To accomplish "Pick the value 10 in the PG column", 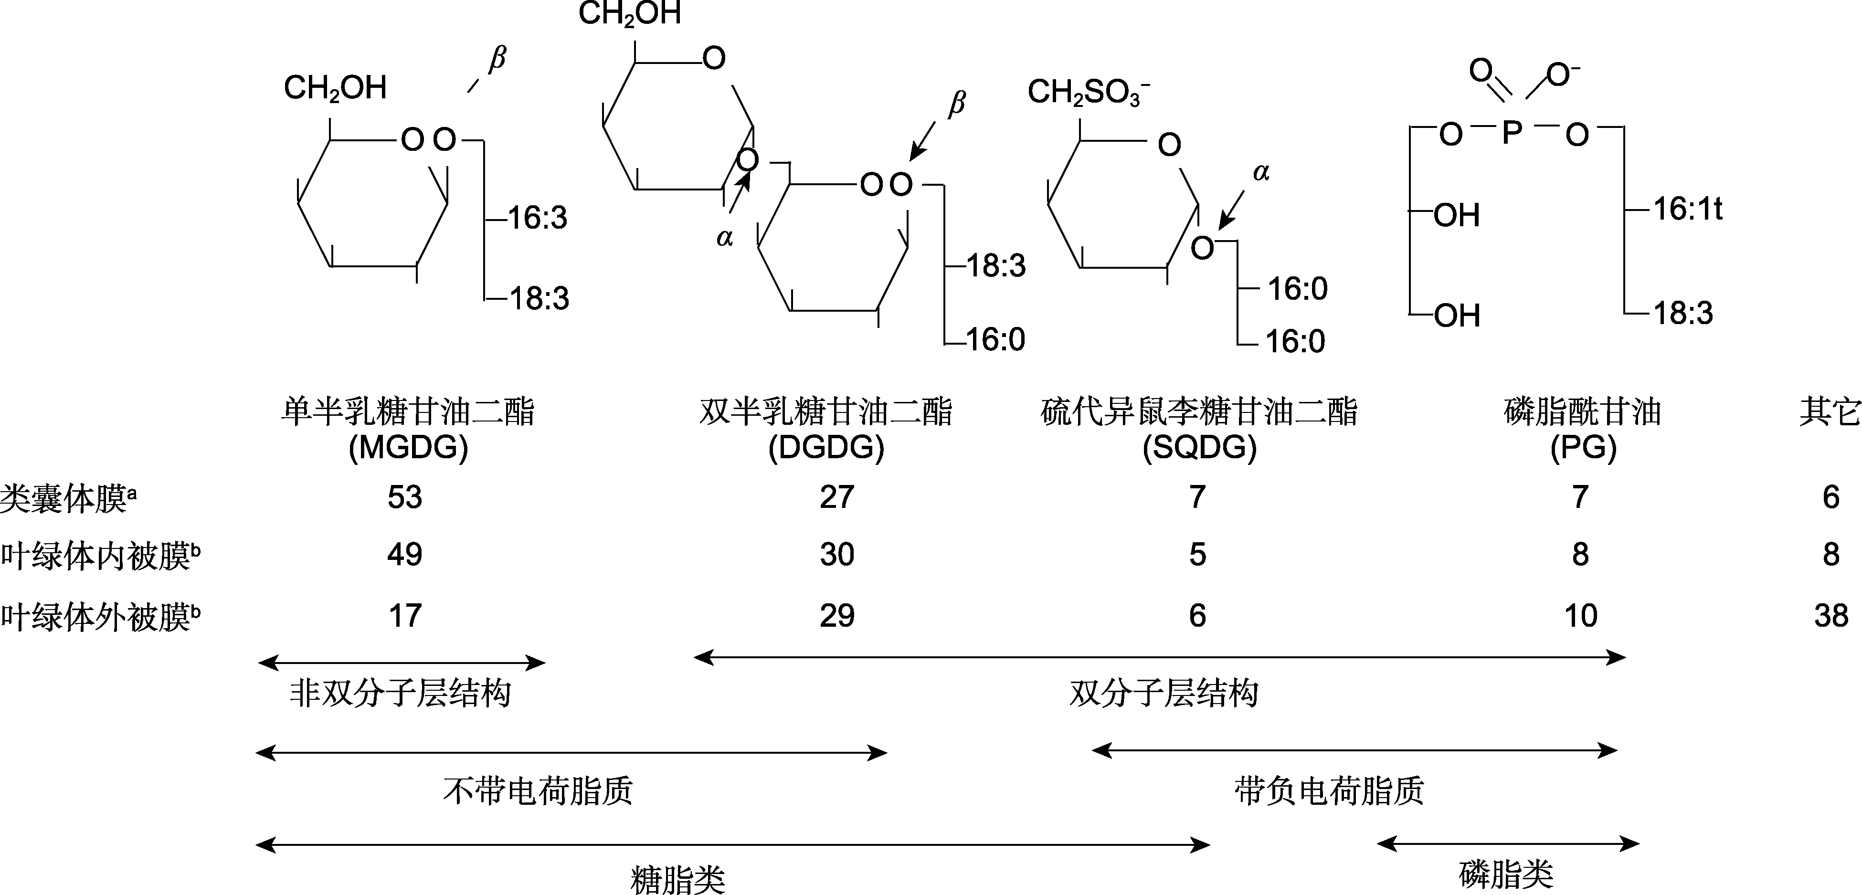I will coord(1580,616).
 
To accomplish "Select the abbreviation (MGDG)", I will coord(408,448).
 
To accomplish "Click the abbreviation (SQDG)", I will coord(1199,448).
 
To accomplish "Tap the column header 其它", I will coord(1829,412).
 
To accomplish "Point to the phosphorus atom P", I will coord(1512,134).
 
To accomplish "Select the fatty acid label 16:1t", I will coord(1688,210).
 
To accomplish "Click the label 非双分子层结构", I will coord(401,693).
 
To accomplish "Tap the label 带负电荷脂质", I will coord(1329,790).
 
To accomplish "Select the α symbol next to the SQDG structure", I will coord(1260,172).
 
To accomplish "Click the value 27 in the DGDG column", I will coord(836,497).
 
